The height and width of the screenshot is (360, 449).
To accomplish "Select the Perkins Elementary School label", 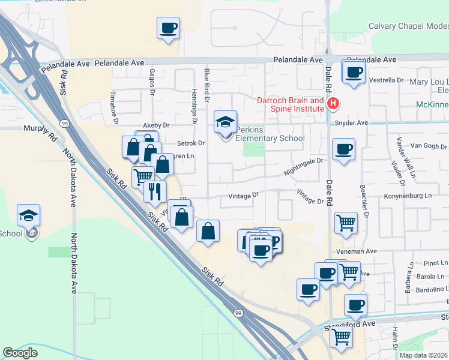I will point(270,134).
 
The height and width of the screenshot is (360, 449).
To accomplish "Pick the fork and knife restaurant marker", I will point(155,192).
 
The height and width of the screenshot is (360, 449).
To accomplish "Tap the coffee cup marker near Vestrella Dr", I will point(354,73).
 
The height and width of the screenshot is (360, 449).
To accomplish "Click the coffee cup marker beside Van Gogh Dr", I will point(343,149).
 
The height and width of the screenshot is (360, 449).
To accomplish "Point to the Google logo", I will point(19,353).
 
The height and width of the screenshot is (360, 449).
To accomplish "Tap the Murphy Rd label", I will point(40,128).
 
